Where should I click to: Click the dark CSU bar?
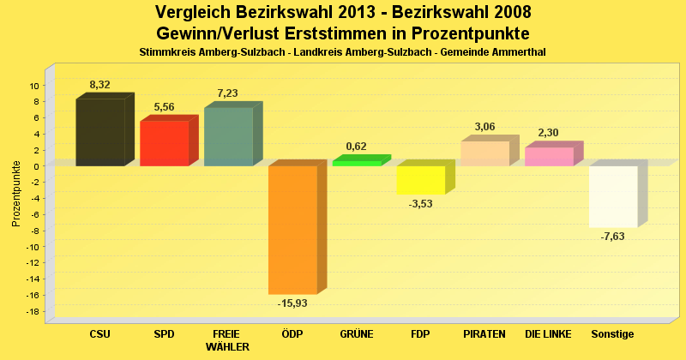coord(100,132)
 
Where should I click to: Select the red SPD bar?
coord(164,143)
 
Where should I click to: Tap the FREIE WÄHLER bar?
coord(228,136)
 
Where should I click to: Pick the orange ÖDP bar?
coord(292,230)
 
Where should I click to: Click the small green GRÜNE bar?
coord(357,163)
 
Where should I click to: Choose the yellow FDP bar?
coord(420,180)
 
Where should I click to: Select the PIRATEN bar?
coord(484,153)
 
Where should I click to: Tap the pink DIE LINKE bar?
coord(549,157)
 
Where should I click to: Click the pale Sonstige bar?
coord(613,196)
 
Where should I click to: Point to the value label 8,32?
coord(99,85)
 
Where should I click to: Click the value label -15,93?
coord(292,303)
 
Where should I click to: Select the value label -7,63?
coord(612,237)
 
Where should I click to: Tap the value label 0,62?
coord(356,147)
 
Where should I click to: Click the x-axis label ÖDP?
coord(292,333)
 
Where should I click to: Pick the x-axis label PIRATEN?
coord(484,333)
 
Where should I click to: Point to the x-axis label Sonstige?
coord(612,333)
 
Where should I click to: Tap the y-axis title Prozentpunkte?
coord(16,194)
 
